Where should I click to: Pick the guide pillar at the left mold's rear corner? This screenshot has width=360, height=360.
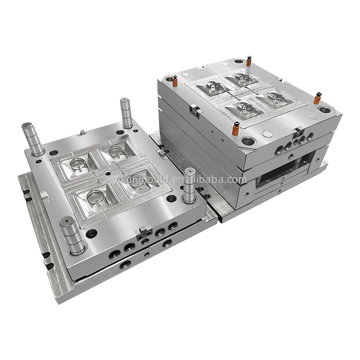(126, 112)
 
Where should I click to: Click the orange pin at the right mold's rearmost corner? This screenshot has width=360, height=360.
(249, 61)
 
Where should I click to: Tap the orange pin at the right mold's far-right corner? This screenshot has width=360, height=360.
(317, 98)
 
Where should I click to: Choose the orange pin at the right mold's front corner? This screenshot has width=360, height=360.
(236, 129)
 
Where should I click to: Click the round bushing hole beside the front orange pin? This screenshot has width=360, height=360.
(249, 141)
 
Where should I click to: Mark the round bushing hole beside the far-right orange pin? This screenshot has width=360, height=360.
(324, 109)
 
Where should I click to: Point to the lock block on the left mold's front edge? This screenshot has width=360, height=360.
(144, 233)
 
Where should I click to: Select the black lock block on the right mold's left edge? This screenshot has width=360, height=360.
(195, 110)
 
